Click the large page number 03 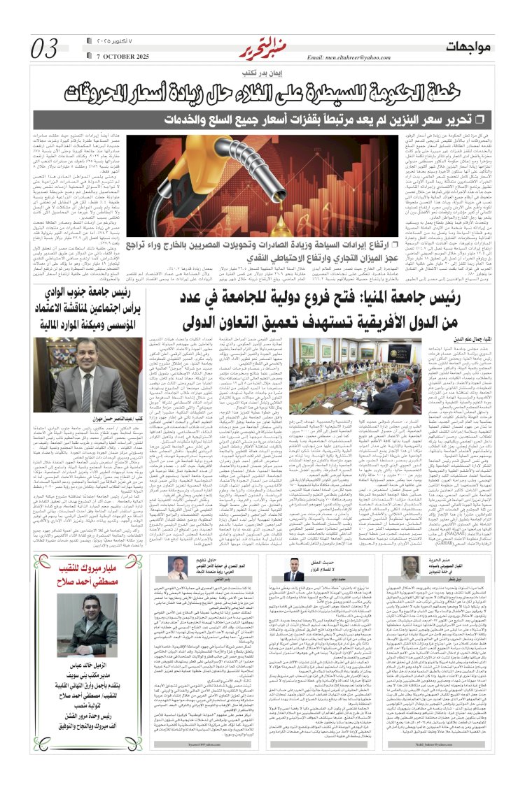click(45, 50)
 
